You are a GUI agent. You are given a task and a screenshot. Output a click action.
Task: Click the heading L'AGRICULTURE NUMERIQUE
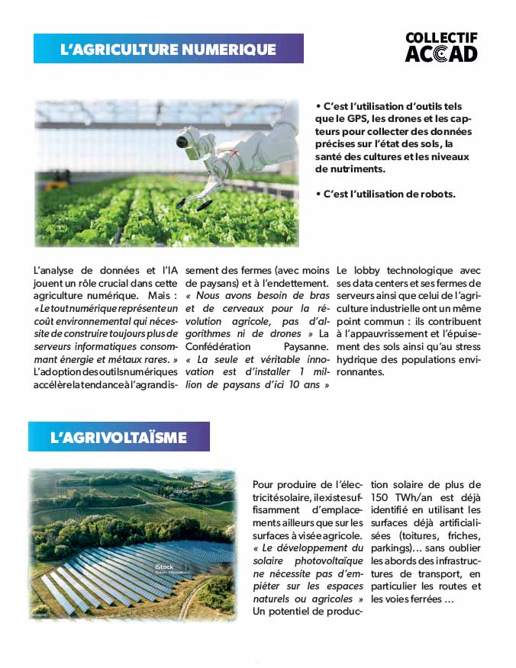coord(168,49)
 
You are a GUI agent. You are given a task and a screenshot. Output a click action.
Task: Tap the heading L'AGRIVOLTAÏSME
coord(118,438)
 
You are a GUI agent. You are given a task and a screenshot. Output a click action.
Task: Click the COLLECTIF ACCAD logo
coord(441,47)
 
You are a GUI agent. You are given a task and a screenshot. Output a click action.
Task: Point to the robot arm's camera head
coord(185,140)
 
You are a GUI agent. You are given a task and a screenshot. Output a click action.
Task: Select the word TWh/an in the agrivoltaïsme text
coord(418,497)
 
